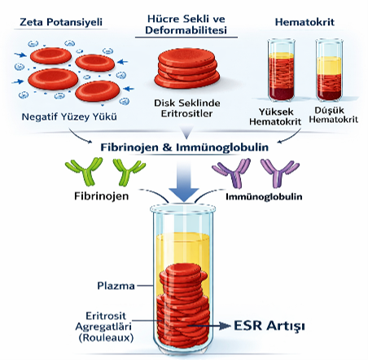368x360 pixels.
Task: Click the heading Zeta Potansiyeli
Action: tap(61, 22)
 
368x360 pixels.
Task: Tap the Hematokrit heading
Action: tap(304, 22)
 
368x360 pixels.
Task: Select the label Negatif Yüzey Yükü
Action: tap(69, 116)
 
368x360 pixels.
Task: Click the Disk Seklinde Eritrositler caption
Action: tap(187, 108)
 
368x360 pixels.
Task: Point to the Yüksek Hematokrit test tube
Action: tap(281, 70)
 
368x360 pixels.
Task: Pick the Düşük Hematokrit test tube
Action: tap(329, 70)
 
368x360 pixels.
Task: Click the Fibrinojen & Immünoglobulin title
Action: tap(185, 147)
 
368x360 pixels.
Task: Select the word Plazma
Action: tap(116, 286)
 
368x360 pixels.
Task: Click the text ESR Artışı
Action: tap(269, 326)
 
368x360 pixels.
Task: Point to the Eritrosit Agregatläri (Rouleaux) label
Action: tap(105, 327)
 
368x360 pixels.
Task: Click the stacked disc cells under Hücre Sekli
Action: tap(187, 68)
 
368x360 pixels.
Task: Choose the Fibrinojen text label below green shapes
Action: tap(102, 196)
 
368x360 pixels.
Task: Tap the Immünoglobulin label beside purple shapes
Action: tap(264, 196)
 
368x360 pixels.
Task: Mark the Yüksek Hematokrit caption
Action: tap(275, 116)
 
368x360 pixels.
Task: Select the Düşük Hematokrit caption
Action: tap(334, 115)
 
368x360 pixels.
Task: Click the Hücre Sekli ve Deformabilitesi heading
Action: tap(186, 24)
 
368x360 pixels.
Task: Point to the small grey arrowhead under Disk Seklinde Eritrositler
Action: tap(186, 132)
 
